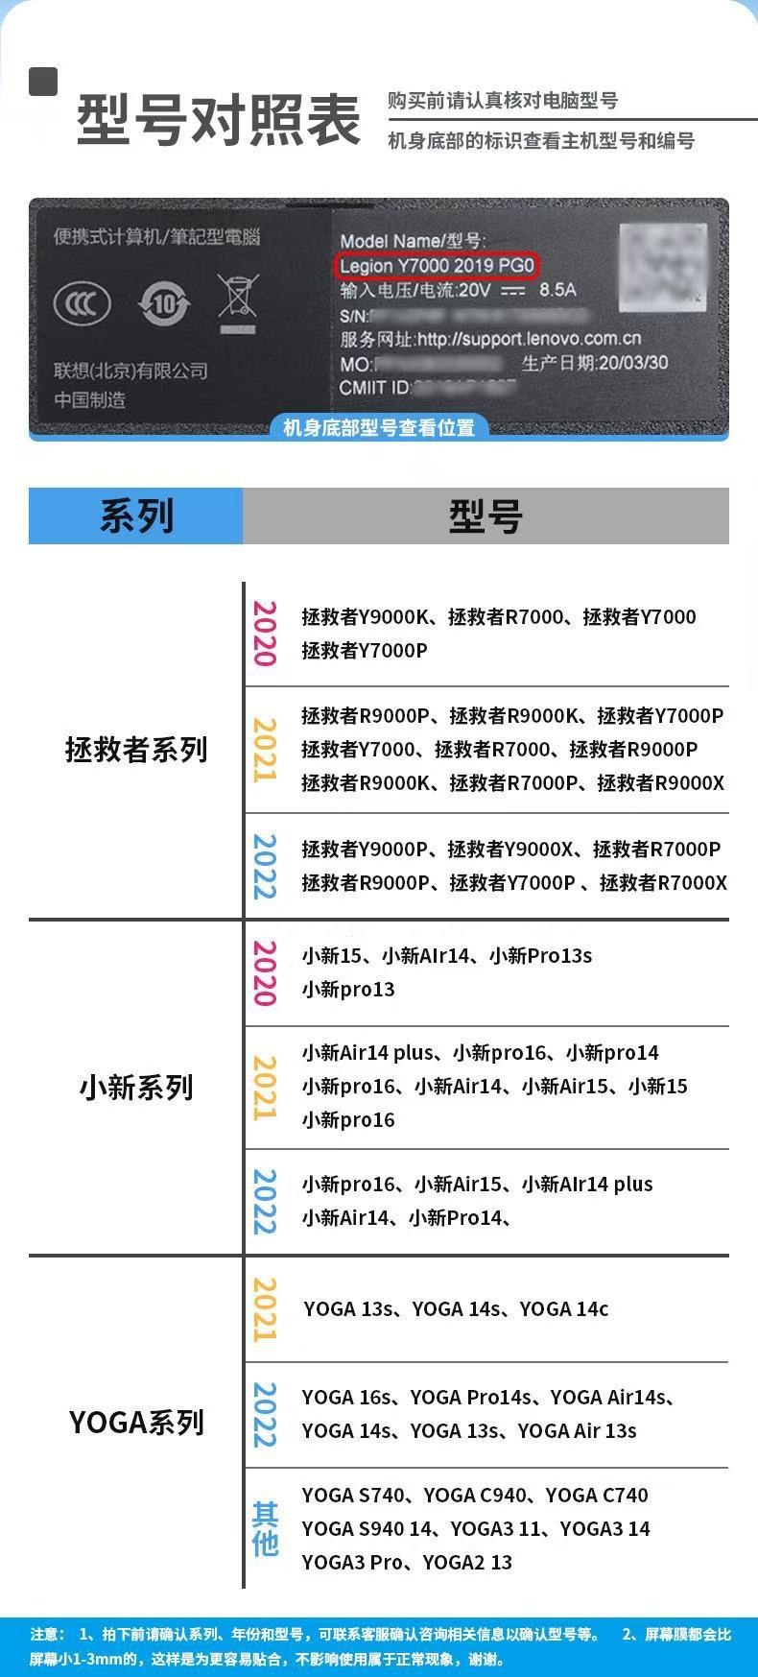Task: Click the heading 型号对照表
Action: [219, 120]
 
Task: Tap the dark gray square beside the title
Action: [43, 82]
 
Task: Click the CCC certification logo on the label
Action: [82, 304]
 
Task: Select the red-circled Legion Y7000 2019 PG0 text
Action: [437, 265]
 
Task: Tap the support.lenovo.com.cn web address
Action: [529, 339]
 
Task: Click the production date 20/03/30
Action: [632, 363]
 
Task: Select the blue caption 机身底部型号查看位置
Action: [379, 427]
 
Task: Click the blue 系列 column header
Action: [136, 515]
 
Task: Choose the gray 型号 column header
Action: [486, 515]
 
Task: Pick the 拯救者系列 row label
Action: [136, 750]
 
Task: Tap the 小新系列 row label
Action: [136, 1088]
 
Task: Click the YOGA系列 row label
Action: [136, 1423]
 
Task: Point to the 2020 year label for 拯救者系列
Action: [264, 634]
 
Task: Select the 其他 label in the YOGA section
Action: [265, 1528]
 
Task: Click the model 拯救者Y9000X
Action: [509, 849]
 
